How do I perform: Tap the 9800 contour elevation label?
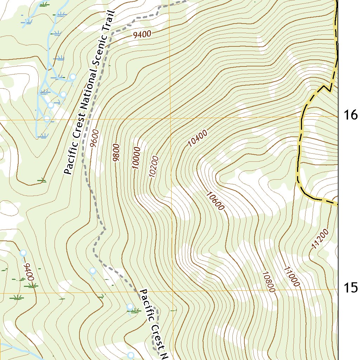click(116, 153)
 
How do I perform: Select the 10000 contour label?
click(137, 158)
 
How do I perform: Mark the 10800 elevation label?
click(268, 282)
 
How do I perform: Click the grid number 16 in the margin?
click(350, 115)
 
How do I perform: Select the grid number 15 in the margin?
click(350, 288)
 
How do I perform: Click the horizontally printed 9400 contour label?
click(142, 34)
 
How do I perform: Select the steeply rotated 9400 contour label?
click(28, 272)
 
